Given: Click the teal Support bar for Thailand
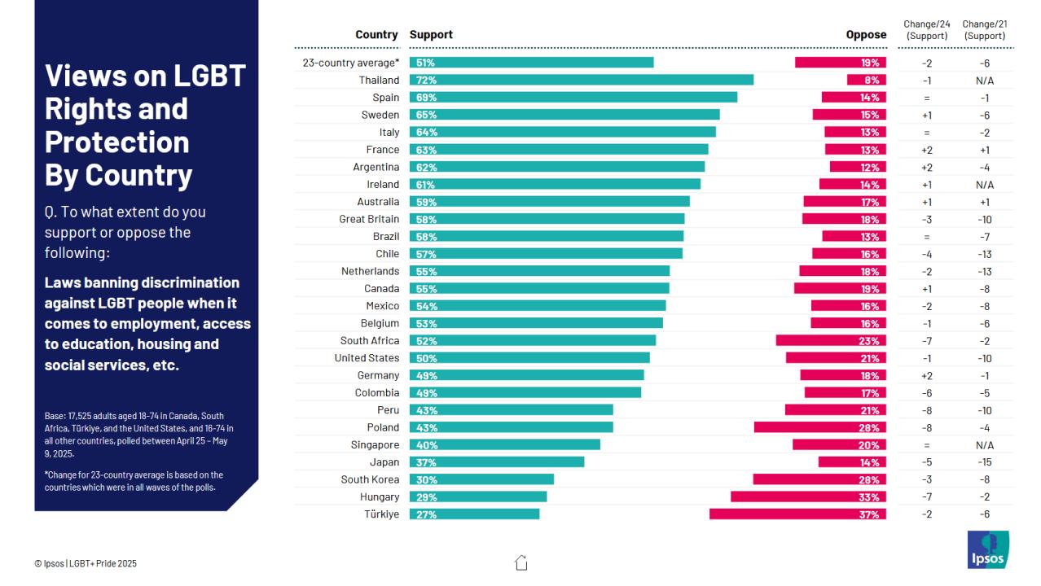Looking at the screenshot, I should (x=581, y=80).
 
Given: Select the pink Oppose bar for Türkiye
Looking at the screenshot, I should (x=797, y=514).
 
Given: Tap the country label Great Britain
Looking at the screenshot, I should (x=369, y=219).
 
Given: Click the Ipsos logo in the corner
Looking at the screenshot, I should (x=987, y=549).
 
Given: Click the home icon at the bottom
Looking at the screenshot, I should (x=521, y=562).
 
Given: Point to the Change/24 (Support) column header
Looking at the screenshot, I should (x=926, y=30).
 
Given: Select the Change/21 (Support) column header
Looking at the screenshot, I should (x=984, y=30).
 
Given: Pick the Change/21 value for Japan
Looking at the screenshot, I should (x=984, y=462).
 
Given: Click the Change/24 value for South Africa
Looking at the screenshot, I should (x=926, y=341).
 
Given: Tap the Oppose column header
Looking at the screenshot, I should (x=866, y=35).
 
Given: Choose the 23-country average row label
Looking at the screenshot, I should (x=351, y=63).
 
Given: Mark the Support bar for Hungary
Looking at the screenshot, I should (x=477, y=497).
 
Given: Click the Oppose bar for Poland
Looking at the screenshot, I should (x=819, y=427).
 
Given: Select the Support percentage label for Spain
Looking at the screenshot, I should (x=426, y=98).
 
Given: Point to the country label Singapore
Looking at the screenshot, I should (x=375, y=445).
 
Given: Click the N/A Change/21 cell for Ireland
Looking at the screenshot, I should (x=984, y=185).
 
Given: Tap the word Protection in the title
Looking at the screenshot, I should (x=116, y=142).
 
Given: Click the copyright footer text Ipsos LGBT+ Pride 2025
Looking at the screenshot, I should (x=91, y=563).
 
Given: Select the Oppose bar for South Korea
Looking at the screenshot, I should (x=819, y=479).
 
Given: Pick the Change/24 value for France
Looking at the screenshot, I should (x=926, y=150).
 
